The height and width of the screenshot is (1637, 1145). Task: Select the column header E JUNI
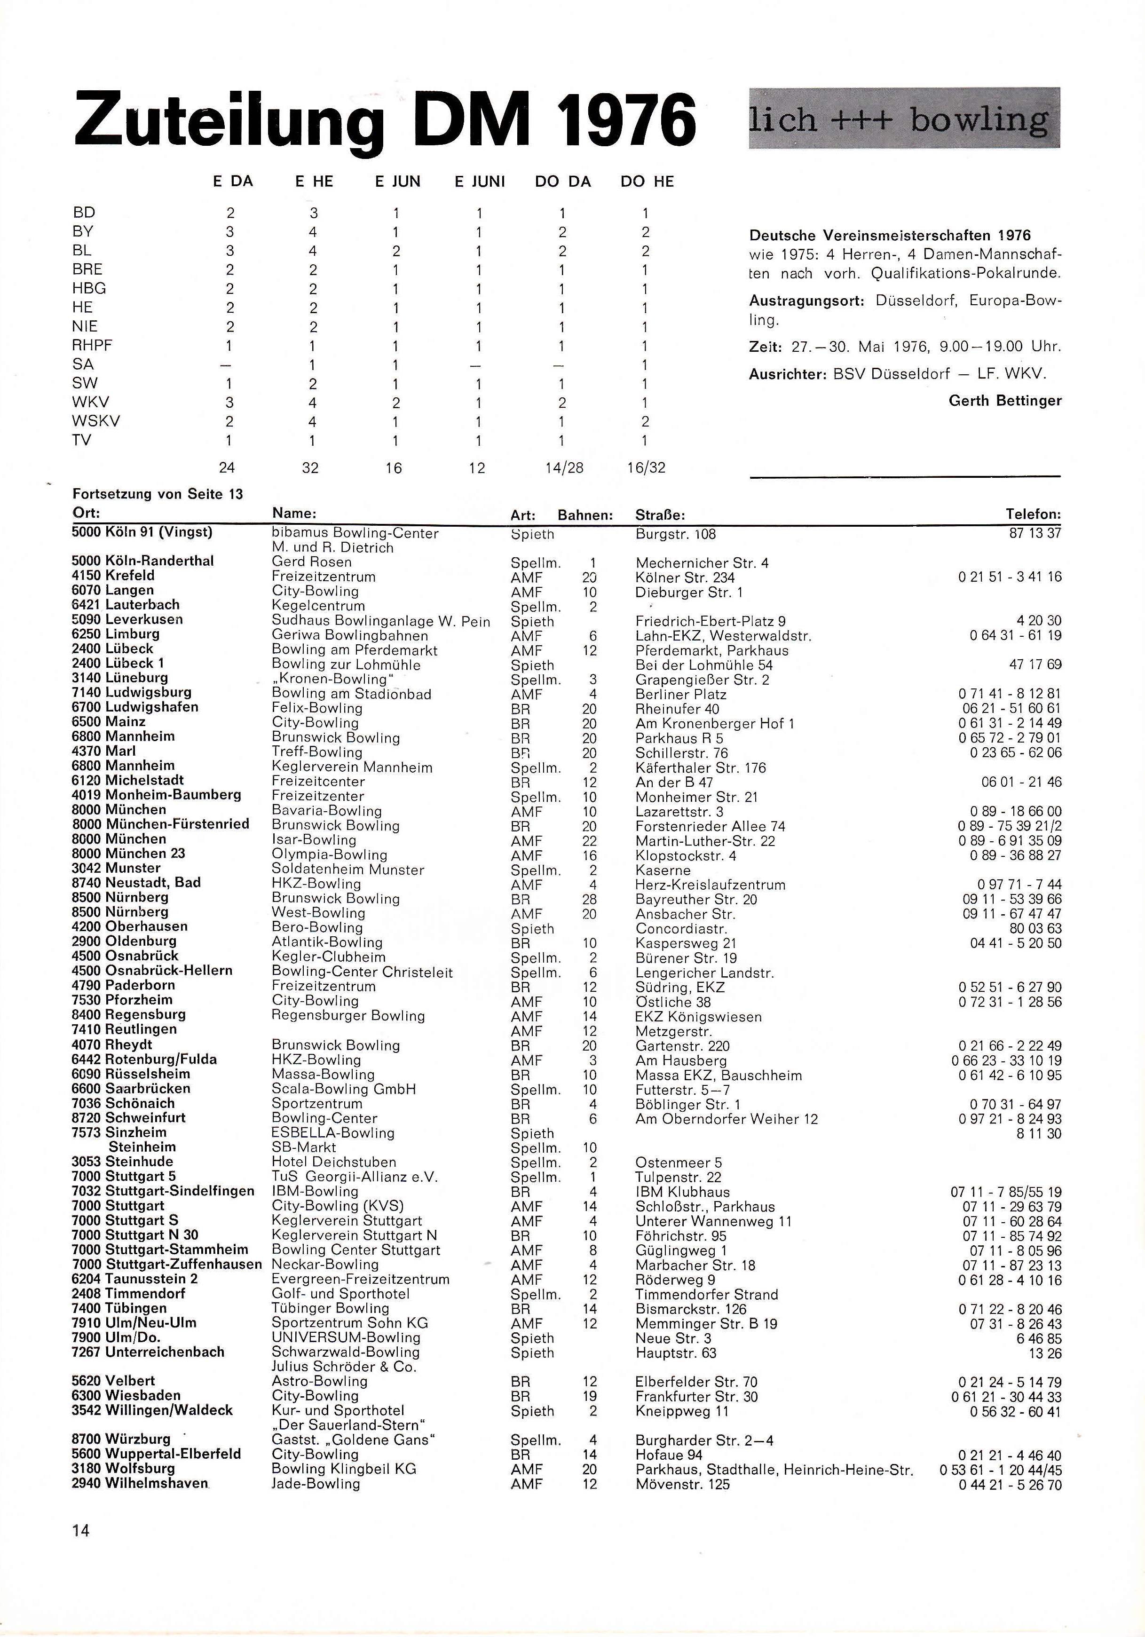(x=480, y=182)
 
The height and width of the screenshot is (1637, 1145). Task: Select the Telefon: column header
(x=1033, y=514)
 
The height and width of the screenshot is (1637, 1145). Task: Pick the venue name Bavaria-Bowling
(x=326, y=811)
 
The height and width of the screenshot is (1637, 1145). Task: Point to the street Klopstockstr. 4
(x=686, y=855)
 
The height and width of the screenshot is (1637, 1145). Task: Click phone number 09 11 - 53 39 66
(x=1011, y=899)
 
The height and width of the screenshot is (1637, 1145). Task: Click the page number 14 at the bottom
(x=80, y=1530)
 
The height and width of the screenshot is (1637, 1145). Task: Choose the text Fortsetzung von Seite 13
(x=158, y=494)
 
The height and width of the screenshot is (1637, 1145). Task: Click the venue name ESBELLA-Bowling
(x=333, y=1133)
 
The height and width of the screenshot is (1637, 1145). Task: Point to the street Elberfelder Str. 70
(x=696, y=1382)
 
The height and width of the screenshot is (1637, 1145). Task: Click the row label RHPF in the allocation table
(x=93, y=346)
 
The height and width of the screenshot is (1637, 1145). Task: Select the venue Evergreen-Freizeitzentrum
(x=361, y=1279)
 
